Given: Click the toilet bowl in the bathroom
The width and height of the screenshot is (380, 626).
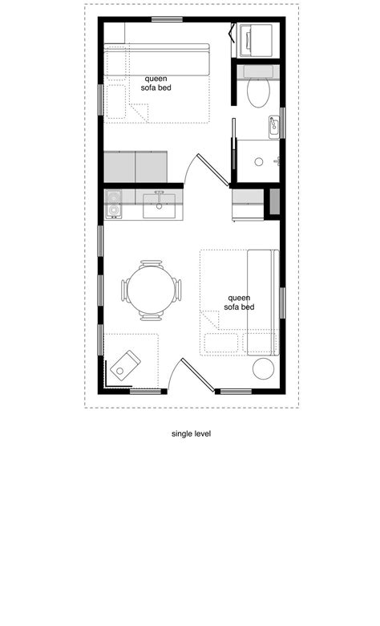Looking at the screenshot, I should tap(259, 92).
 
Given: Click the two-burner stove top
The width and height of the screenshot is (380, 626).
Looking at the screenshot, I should tap(113, 203).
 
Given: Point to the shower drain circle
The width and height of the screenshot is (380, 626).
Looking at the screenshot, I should tap(259, 161).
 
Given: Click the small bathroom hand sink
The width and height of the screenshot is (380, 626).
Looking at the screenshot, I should tap(274, 124).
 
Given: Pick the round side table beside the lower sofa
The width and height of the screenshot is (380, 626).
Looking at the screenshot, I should tap(264, 369).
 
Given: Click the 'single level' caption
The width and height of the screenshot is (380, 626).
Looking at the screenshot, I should tap(191, 433).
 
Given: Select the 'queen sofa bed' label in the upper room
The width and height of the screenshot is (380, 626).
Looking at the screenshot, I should tap(157, 83).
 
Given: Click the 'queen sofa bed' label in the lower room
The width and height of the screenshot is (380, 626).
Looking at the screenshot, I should tap(239, 302).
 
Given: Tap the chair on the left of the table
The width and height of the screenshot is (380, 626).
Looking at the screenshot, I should tap(125, 290).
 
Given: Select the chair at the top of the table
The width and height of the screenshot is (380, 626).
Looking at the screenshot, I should tap(150, 263).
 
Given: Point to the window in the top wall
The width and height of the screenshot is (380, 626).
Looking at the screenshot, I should tap(166, 19).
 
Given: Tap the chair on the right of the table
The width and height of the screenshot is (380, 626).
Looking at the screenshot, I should tap(177, 290).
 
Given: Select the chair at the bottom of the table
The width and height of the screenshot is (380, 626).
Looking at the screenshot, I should tap(150, 316).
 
